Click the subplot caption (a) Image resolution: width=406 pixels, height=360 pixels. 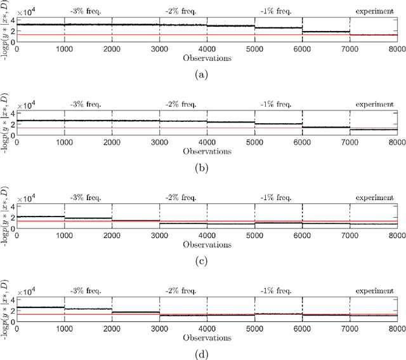tap(202, 74)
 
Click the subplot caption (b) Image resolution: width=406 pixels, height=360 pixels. tap(202, 166)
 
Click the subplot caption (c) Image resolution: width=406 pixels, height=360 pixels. tap(202, 260)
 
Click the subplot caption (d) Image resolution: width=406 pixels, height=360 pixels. tap(202, 353)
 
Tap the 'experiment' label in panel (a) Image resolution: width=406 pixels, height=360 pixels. tap(374, 11)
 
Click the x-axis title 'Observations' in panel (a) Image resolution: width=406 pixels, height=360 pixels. tap(207, 58)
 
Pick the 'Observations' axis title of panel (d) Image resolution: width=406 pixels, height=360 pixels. tap(207, 337)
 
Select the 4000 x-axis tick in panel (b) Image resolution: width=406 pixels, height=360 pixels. tap(207, 142)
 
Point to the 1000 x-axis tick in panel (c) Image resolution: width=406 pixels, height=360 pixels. tap(64, 236)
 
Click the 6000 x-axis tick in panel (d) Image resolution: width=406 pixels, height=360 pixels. tap(302, 328)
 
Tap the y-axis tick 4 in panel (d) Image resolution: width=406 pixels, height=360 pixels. tap(11, 300)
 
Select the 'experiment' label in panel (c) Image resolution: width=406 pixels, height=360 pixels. tap(374, 197)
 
